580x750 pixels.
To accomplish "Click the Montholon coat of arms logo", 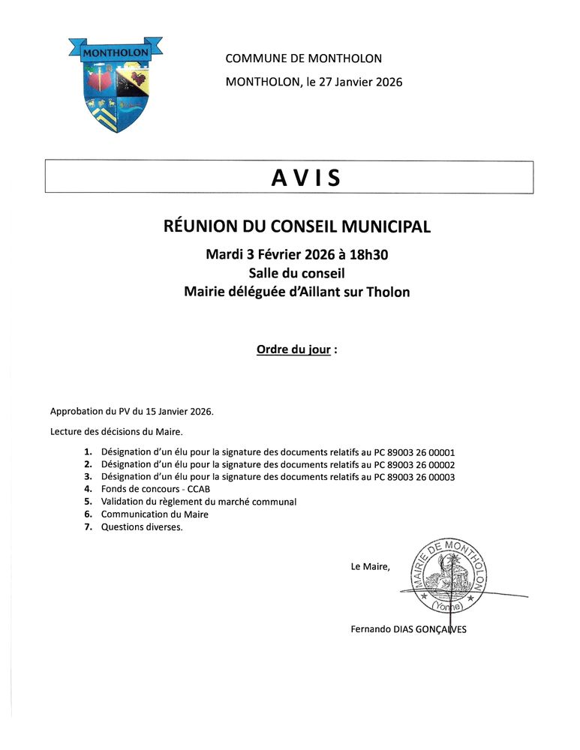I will tap(116, 84).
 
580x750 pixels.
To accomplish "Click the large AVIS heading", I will tap(305, 178).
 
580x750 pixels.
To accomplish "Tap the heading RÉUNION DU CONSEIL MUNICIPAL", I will tap(297, 226).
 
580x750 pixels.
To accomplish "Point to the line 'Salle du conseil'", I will tap(296, 274).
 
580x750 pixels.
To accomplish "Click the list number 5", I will tap(87, 502).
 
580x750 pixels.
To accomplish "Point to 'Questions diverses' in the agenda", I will tap(142, 526).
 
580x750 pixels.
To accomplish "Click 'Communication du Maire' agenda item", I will tap(155, 514).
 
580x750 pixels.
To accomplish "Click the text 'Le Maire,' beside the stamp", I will tap(370, 567).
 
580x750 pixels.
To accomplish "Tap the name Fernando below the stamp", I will tap(371, 629).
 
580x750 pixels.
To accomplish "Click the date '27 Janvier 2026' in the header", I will tap(361, 82).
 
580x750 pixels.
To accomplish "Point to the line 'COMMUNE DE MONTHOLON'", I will tap(303, 58).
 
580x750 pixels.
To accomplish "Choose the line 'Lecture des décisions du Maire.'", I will tap(116, 432).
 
